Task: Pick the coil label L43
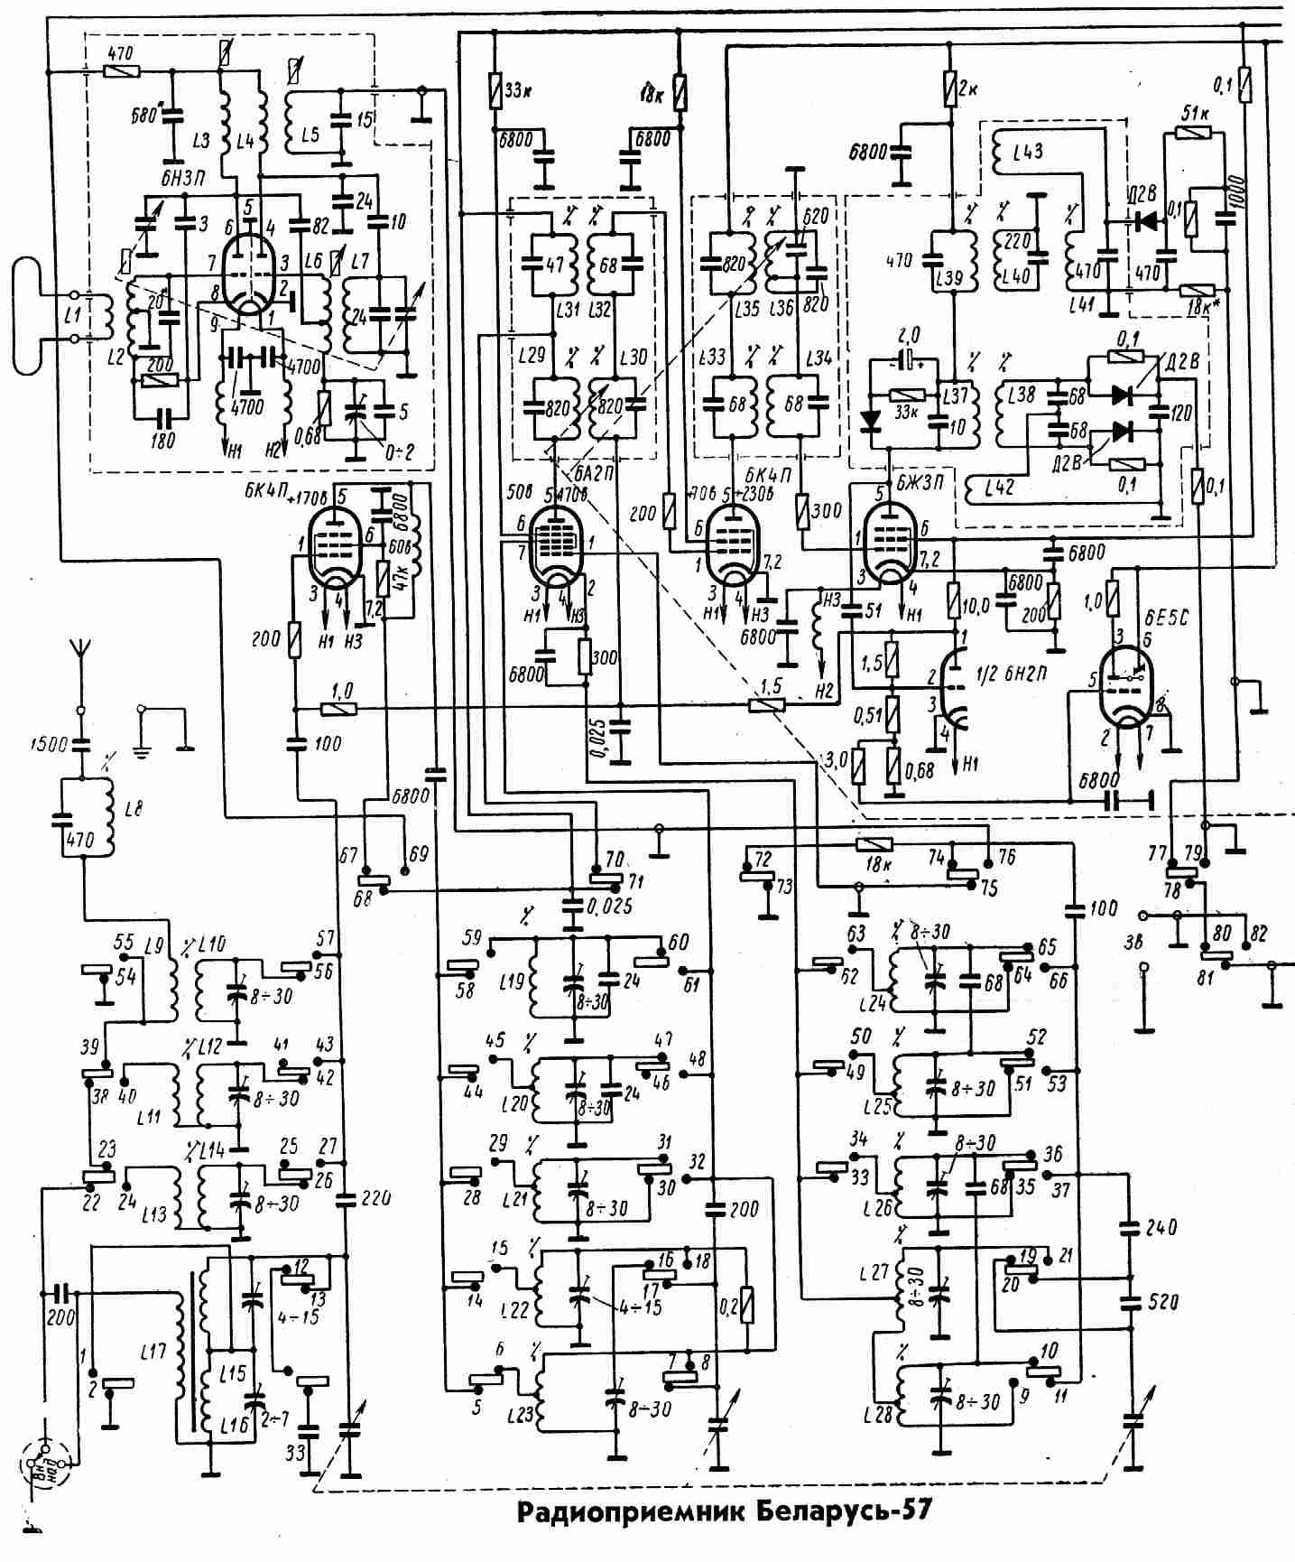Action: (1026, 152)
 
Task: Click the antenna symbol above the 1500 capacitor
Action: (79, 651)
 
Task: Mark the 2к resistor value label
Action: (968, 90)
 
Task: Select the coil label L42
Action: (999, 488)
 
